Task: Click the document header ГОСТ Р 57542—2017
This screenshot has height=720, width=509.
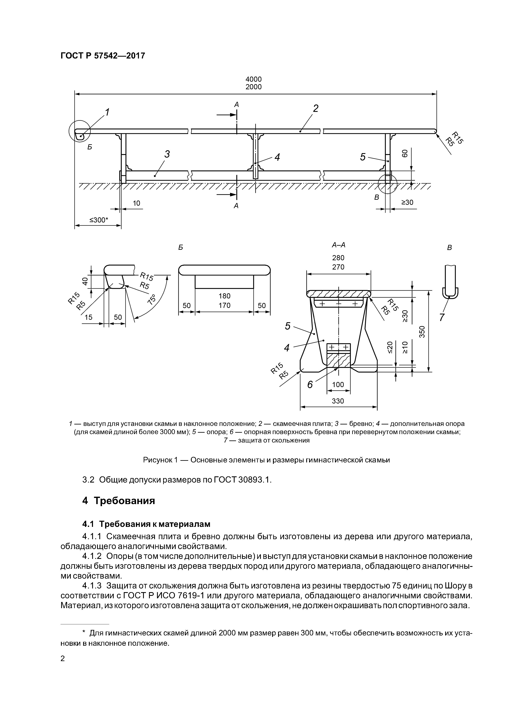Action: pos(103,56)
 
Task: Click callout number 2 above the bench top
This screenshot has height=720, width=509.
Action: pos(315,108)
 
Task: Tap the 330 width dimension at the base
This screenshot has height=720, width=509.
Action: pos(338,401)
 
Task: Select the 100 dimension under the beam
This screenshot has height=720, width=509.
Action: pos(338,384)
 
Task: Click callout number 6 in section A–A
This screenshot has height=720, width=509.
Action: pos(310,384)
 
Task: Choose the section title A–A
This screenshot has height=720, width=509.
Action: pos(338,245)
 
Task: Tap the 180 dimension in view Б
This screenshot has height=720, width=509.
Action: pos(225,296)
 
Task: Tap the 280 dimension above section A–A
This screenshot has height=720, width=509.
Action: pos(338,258)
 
